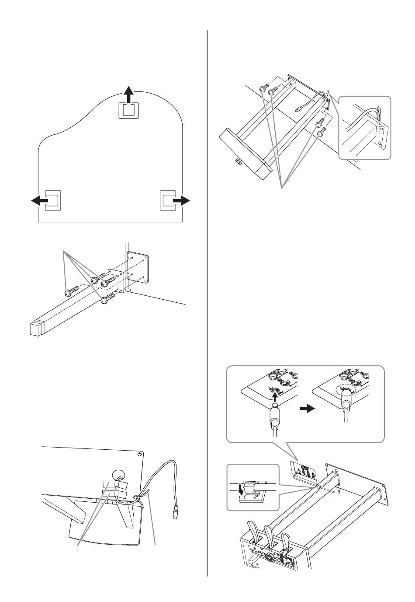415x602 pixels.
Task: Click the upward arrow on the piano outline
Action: (x=128, y=94)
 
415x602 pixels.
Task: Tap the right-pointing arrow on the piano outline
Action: (x=182, y=200)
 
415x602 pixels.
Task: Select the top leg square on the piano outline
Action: (x=128, y=109)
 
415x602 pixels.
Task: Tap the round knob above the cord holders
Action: (x=118, y=475)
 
